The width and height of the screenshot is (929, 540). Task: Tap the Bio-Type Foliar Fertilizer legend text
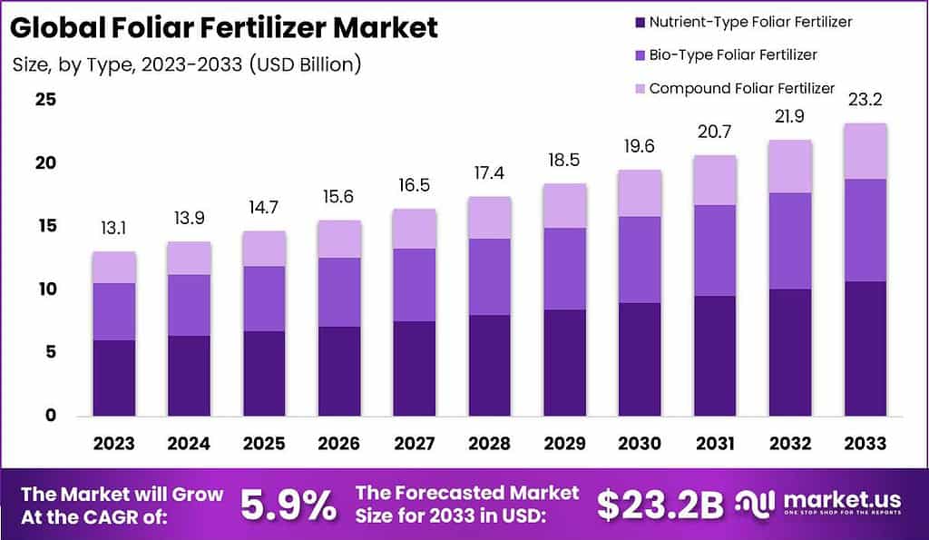coord(733,54)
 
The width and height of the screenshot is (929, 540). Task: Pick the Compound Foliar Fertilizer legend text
coord(741,88)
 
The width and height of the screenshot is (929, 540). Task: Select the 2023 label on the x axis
coord(113,443)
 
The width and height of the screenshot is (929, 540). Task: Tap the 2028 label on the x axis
coord(490,443)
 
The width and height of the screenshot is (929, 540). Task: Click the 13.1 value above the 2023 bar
coord(113,231)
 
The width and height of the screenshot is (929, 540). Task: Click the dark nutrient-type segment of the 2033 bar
coord(864,349)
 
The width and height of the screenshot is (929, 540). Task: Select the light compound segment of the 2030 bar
coord(640,192)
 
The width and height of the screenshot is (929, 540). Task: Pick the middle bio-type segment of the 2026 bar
coord(338,291)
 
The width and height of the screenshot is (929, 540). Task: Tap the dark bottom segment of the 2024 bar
coord(189,376)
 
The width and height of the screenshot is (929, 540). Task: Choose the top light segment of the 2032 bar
coord(788,166)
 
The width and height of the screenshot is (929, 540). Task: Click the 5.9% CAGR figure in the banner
coord(288,506)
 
